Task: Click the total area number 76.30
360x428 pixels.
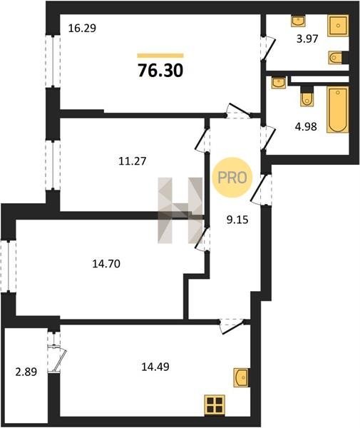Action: [x=160, y=71]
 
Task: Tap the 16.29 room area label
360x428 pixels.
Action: [x=82, y=29]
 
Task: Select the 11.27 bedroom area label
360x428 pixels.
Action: [x=133, y=161]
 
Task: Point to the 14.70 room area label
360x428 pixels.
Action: [x=106, y=264]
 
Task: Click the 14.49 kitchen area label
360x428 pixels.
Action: [x=155, y=367]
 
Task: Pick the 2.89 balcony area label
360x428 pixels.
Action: [x=26, y=372]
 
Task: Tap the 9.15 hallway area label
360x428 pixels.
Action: [x=237, y=219]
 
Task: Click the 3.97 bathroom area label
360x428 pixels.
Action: [x=307, y=39]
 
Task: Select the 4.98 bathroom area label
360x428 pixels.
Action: [x=306, y=127]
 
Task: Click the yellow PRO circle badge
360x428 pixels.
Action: [x=232, y=178]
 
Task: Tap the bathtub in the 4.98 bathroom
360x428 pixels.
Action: [x=338, y=110]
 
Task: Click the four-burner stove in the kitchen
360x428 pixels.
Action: [x=215, y=405]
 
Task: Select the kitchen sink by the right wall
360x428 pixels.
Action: [x=241, y=377]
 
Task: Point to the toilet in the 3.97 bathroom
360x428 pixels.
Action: [x=336, y=58]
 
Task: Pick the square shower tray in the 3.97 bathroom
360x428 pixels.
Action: [x=338, y=26]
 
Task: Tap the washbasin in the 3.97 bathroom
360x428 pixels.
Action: [x=298, y=21]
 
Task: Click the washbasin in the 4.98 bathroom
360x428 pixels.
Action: [x=279, y=83]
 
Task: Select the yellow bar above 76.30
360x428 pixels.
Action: [x=160, y=56]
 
